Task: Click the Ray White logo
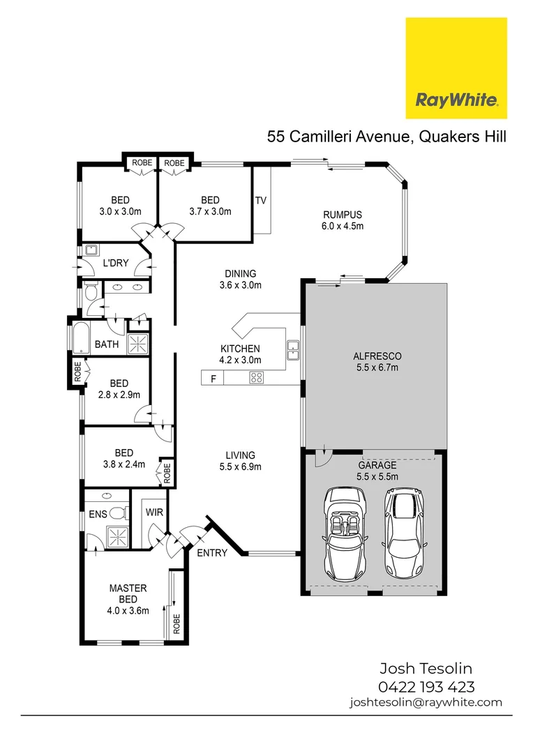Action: coord(456,68)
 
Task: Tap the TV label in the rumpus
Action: coord(261,200)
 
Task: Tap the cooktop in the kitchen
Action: coord(256,379)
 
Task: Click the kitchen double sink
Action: coord(293,350)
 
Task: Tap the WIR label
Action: coord(154,512)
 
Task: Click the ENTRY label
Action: coord(212,553)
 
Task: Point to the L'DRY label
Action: coord(114,264)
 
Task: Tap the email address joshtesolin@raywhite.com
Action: coord(426,702)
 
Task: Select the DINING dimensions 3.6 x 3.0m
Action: coord(240,285)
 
